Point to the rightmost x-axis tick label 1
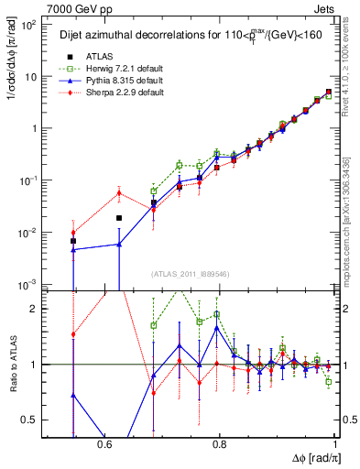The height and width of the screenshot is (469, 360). pyautogui.click(x=336, y=443)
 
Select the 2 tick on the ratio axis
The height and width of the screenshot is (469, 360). pyautogui.click(x=36, y=309)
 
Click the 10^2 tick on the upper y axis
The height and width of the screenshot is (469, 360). pyautogui.click(x=29, y=25)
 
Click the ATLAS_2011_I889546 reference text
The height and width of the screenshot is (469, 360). pyautogui.click(x=191, y=273)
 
